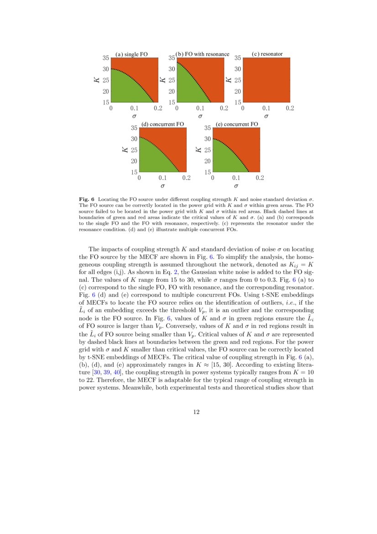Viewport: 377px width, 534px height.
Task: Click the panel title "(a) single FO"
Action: pos(131,54)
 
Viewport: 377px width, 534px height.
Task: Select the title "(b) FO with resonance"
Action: pos(203,54)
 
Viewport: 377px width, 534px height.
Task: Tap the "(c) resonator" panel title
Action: pos(267,54)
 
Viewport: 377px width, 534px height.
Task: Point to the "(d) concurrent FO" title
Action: pos(162,124)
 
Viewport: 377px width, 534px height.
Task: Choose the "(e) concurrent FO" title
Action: pos(236,124)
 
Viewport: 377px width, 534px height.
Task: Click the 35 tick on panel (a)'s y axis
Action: pos(105,58)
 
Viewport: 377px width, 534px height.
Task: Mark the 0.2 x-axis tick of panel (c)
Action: pos(290,109)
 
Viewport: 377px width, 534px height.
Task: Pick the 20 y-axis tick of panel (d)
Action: pos(134,161)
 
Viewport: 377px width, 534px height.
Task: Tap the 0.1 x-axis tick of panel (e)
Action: pos(236,179)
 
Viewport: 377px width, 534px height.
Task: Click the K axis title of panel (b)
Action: pos(162,80)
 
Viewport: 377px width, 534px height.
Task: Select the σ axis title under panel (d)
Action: pos(162,186)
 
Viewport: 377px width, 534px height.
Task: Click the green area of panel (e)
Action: pos(224,158)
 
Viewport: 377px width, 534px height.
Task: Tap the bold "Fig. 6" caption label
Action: pos(87,200)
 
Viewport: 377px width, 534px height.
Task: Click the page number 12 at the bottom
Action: pos(196,412)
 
